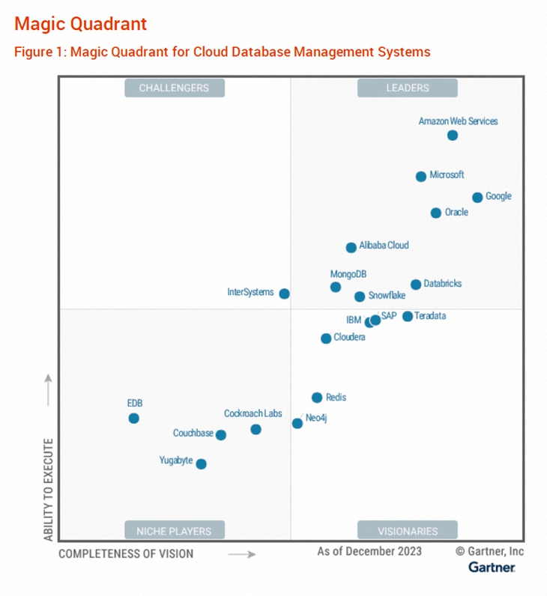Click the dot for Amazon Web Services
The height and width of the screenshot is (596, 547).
pos(453,136)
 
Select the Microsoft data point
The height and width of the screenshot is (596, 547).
pos(421,177)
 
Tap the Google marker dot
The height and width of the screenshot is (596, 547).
pos(477,198)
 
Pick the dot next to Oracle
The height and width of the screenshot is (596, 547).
pos(436,213)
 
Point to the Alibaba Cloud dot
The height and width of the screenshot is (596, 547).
pos(351,248)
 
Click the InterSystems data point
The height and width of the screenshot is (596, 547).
pos(285,294)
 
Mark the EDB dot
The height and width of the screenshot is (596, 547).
pos(134,419)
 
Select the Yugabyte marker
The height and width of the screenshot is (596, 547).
pos(201,464)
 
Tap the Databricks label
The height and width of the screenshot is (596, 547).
pos(442,284)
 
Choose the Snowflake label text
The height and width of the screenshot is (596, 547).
pos(387,296)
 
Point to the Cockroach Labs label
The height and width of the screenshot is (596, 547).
pos(253,413)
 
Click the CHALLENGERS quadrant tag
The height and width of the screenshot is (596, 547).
pos(174,88)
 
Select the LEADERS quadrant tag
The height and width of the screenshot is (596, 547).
pos(408,88)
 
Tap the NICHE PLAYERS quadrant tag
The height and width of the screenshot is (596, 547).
pos(174,531)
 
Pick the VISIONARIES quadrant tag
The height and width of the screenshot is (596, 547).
pos(408,531)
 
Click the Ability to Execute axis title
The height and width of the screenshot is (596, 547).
pos(49,490)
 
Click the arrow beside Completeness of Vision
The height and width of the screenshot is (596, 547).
pos(241,555)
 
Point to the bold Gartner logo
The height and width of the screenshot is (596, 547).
pos(492,568)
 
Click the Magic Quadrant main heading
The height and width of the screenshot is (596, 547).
pos(81,24)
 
